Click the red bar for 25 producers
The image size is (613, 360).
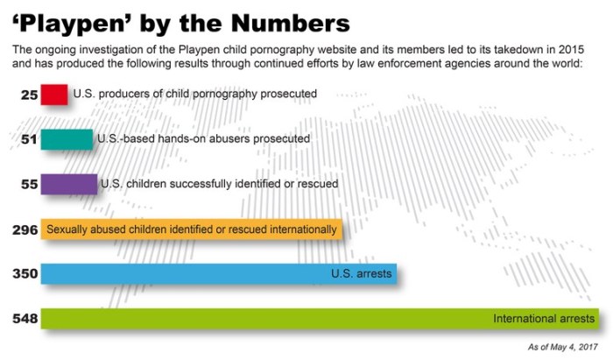(54, 94)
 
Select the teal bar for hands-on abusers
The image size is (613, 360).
(67, 138)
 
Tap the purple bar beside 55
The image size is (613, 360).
(69, 184)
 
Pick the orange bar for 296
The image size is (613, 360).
(191, 229)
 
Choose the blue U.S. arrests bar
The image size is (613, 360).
(219, 274)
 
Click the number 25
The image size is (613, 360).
(28, 94)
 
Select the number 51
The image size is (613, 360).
(28, 138)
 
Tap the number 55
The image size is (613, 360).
(28, 184)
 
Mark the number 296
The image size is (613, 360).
(23, 229)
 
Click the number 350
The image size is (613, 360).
(23, 274)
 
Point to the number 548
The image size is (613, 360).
(23, 319)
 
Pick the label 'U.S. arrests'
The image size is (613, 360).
(361, 274)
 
